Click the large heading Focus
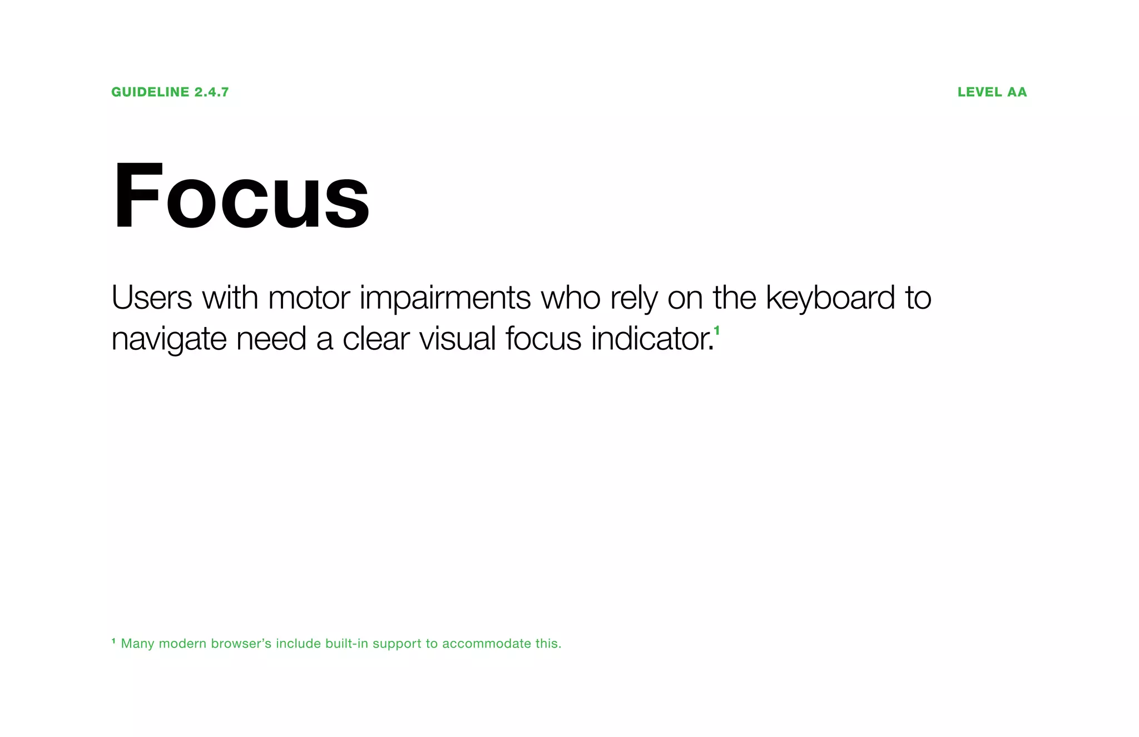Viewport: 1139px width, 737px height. (241, 195)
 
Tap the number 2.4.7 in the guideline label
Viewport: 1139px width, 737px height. (211, 92)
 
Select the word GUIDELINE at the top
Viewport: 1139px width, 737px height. (150, 92)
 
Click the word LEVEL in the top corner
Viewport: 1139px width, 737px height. (979, 92)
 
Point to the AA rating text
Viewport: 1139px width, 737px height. (1017, 92)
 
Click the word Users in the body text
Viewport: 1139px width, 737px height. (151, 298)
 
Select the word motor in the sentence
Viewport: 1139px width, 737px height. (309, 298)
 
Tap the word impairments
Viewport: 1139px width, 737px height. (445, 299)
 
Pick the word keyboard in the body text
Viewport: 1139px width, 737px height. (830, 298)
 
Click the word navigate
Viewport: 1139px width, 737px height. (169, 339)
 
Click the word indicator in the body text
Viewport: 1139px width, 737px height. (651, 338)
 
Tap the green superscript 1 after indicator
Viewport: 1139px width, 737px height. (717, 331)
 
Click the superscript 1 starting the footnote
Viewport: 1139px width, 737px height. (113, 641)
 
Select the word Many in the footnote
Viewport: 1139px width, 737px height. (137, 644)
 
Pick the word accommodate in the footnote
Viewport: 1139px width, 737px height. (487, 644)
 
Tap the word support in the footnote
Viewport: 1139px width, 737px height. (397, 645)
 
